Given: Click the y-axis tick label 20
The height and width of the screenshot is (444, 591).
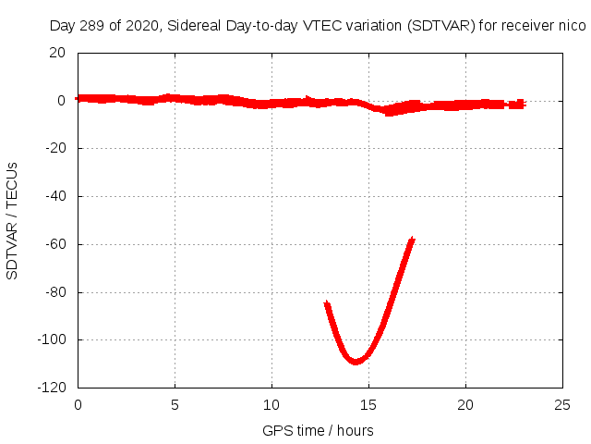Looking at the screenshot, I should click(57, 53).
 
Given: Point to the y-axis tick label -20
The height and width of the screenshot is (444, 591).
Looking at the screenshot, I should click(54, 148).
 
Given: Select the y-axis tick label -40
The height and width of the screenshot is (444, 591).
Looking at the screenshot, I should click(54, 196).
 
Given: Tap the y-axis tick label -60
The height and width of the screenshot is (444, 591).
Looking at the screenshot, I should click(54, 244).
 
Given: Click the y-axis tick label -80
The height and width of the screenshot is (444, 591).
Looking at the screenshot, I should click(54, 292).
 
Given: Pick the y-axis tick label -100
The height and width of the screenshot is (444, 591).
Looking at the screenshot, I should click(51, 340).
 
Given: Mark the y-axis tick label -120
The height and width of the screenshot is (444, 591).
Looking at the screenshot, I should click(51, 388).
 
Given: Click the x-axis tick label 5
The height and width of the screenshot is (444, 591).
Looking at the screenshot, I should click(175, 404).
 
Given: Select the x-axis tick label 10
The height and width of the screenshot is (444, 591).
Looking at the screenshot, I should click(271, 404).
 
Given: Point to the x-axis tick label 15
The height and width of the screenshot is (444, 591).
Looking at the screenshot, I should click(368, 404).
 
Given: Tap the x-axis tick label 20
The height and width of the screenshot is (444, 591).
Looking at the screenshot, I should click(465, 404).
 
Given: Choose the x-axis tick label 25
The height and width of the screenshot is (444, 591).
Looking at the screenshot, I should click(562, 404).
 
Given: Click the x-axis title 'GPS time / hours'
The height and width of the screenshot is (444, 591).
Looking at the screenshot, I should click(318, 430).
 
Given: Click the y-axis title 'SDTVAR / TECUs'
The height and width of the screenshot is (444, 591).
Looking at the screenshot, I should click(13, 220).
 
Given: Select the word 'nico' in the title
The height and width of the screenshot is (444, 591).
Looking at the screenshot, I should click(572, 26).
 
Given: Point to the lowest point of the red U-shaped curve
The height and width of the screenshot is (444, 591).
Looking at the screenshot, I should click(356, 361).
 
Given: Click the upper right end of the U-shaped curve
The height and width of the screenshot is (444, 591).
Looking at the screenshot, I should click(412, 240).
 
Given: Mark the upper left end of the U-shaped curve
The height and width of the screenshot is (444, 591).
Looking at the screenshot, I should click(327, 303).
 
